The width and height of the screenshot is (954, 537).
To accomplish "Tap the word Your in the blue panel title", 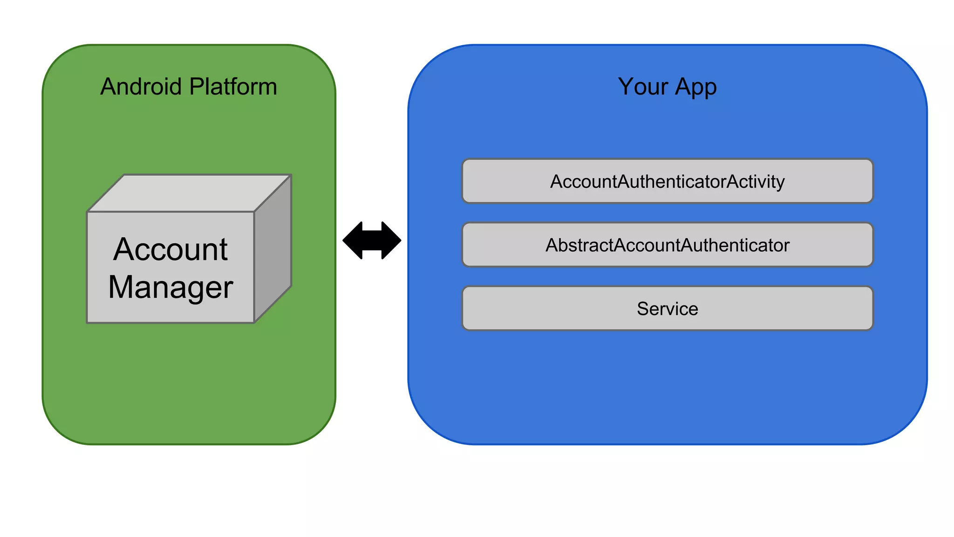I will tap(643, 87).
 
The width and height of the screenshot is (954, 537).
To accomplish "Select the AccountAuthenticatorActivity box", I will tap(667, 181).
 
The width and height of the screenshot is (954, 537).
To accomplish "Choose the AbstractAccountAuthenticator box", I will tap(667, 245).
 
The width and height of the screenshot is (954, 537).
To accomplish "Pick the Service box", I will tap(667, 309).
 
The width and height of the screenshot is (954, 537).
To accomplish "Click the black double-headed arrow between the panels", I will tap(372, 241).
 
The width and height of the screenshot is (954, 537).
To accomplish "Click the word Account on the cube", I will tap(170, 249).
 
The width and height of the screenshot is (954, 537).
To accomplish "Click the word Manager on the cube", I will tap(170, 288).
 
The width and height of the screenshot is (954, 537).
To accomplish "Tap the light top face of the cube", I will tap(189, 193).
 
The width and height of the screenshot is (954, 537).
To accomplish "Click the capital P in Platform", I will tap(196, 87).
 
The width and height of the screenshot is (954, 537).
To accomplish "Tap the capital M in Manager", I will tap(121, 287).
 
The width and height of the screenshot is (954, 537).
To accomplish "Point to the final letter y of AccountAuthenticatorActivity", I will tap(780, 183).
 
